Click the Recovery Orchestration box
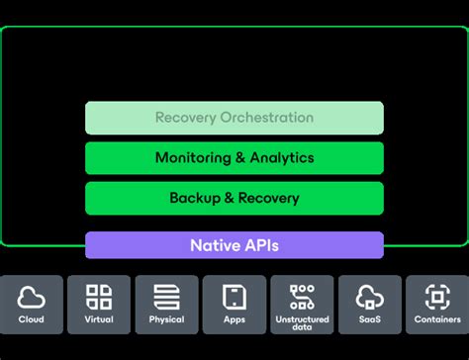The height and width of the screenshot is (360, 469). (x=234, y=118)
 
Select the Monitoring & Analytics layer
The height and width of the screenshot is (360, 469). (x=234, y=158)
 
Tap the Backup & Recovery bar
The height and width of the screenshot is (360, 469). (x=234, y=198)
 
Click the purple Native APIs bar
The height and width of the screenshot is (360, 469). (x=234, y=244)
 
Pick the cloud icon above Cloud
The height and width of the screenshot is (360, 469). (x=32, y=296)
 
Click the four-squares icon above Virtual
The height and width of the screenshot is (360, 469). (x=99, y=296)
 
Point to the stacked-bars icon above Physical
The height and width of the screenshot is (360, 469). (x=166, y=296)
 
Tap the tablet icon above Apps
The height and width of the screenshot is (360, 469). (x=234, y=296)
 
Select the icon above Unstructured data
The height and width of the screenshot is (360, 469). (x=302, y=295)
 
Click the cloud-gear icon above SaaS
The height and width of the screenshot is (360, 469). (x=369, y=296)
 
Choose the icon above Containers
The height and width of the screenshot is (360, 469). (x=436, y=296)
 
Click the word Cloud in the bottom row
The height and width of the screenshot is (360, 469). (x=32, y=319)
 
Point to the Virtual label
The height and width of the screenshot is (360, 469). (x=99, y=319)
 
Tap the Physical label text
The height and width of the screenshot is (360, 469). (x=166, y=319)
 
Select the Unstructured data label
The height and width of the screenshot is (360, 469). (x=302, y=324)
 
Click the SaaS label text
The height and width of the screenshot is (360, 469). (x=369, y=319)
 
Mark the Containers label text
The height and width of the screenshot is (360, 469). (x=436, y=319)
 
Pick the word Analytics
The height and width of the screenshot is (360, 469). (x=281, y=158)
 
